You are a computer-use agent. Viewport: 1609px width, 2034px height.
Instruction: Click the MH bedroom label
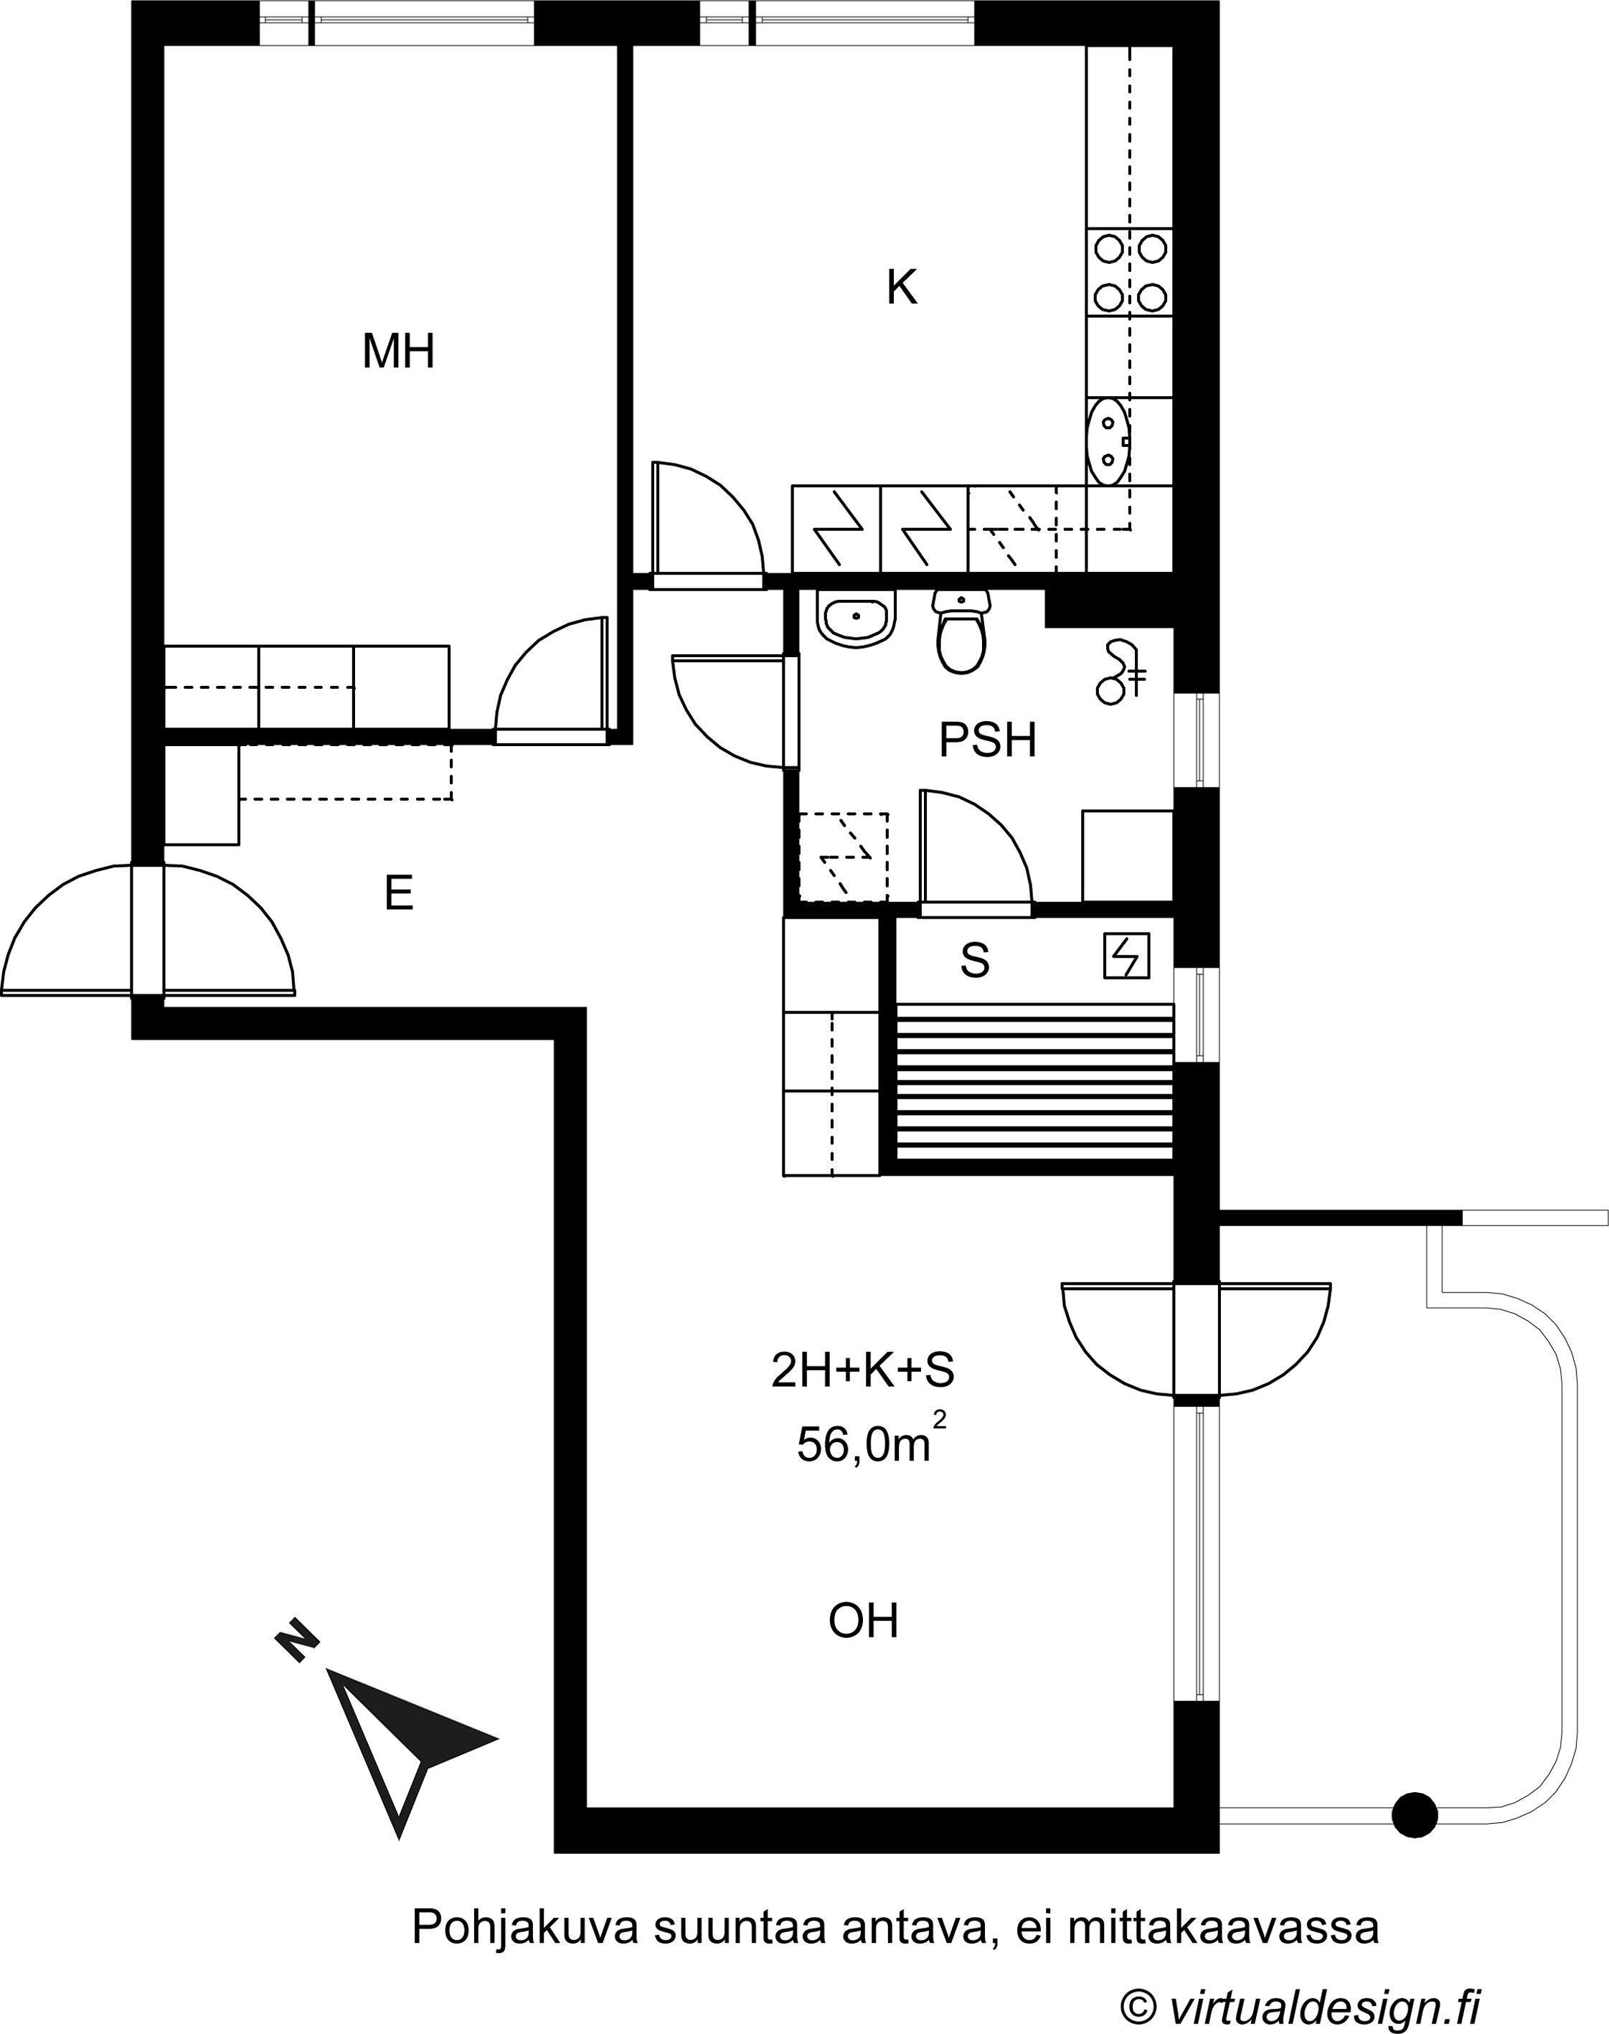(398, 352)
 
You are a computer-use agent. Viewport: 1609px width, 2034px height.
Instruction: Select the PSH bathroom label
(987, 740)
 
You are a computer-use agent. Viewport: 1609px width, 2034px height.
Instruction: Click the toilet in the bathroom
(961, 631)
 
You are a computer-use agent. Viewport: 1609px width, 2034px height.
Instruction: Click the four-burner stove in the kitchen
(1131, 274)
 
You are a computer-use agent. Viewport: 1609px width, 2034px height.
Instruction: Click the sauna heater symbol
(1127, 956)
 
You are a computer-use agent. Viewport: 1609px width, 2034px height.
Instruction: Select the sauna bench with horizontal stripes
(1034, 1083)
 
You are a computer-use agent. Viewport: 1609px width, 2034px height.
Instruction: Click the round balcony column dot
(1415, 1814)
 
